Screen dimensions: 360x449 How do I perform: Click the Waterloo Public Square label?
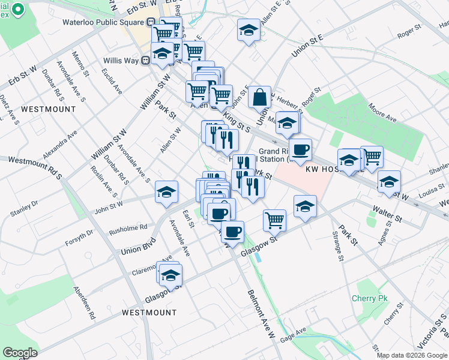pyautogui.click(x=103, y=22)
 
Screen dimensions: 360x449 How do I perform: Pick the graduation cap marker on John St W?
pyautogui.click(x=166, y=191)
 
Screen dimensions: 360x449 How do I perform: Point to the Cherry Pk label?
pyautogui.click(x=370, y=299)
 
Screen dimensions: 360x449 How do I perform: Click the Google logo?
pyautogui.click(x=20, y=352)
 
